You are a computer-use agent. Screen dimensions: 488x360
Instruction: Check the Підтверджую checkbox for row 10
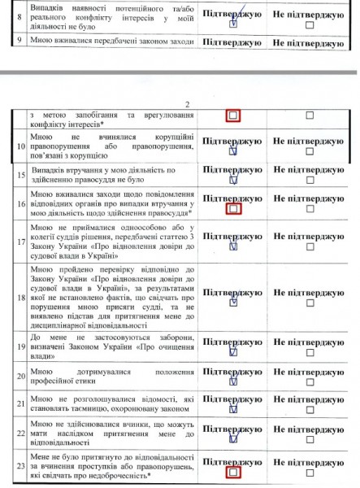point(233,150)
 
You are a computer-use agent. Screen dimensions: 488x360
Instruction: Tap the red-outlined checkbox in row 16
point(233,209)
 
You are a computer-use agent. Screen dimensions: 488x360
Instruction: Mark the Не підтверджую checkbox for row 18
point(309,300)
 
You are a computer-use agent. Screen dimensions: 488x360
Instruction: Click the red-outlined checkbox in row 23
point(233,471)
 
